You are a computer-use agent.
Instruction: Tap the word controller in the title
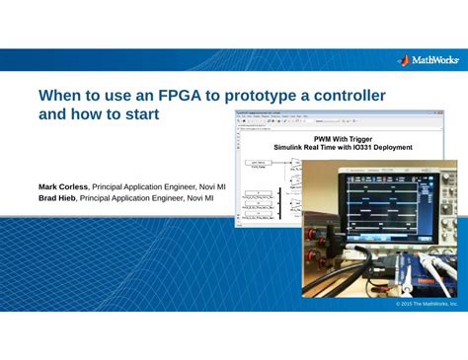(x=347, y=97)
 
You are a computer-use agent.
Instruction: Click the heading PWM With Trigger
(x=343, y=139)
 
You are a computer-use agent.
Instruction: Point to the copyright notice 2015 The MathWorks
(x=427, y=304)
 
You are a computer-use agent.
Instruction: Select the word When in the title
(x=60, y=97)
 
